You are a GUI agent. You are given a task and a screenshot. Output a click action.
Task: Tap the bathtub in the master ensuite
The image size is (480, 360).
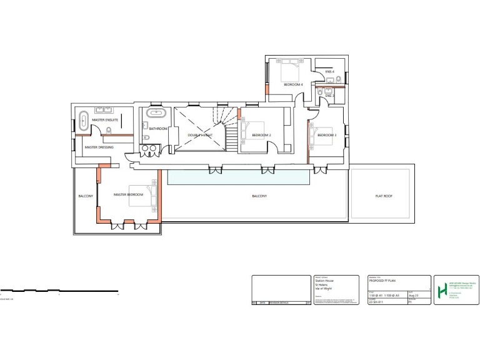[82, 121]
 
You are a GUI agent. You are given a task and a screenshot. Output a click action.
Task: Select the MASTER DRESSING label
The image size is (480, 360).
[99, 147]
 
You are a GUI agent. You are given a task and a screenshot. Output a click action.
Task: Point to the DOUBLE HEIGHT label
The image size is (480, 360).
[200, 135]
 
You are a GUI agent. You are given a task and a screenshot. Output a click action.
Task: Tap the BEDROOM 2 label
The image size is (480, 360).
[261, 135]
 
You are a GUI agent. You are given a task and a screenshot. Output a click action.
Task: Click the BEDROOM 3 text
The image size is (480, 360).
[327, 136]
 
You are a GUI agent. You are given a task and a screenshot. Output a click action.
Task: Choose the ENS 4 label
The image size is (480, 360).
[329, 72]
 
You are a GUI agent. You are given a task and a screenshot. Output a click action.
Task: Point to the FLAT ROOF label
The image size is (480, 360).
[380, 196]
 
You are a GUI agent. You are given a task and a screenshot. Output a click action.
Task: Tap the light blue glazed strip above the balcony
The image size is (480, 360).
[238, 178]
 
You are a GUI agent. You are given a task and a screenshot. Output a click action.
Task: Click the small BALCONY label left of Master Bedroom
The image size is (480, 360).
[86, 196]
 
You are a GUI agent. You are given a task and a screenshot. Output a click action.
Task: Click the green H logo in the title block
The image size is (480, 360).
[442, 291]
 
